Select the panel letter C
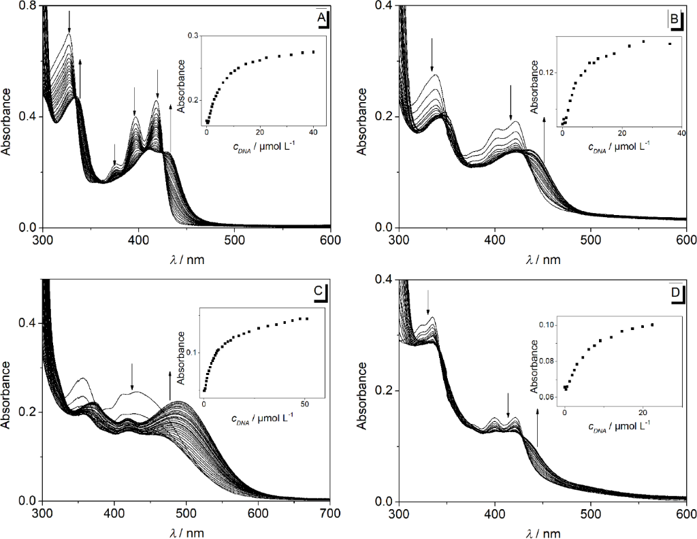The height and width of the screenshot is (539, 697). (x=318, y=291)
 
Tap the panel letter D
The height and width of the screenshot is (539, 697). (x=675, y=292)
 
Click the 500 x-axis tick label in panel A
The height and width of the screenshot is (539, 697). (x=235, y=240)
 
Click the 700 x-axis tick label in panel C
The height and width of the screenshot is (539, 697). (x=330, y=512)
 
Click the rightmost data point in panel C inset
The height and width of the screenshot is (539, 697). (x=307, y=318)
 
